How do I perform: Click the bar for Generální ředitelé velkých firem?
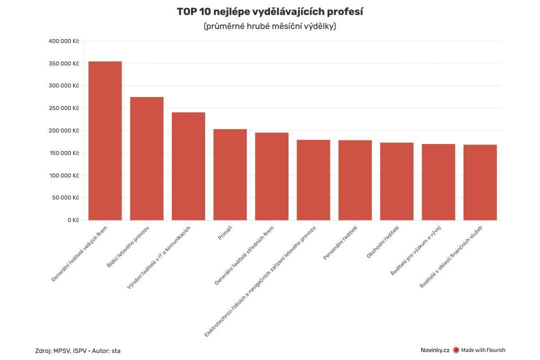coord(105,140)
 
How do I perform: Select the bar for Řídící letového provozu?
coord(146,158)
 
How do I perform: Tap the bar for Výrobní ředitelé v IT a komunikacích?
coord(188,166)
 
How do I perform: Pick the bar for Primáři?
coord(230,174)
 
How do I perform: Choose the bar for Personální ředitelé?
coord(355,180)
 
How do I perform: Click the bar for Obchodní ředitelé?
coord(396,181)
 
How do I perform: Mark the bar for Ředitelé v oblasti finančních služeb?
coord(480,182)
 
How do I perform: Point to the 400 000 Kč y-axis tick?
coord(63,41)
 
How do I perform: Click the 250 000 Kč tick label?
coord(63,108)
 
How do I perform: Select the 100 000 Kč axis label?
coord(63,175)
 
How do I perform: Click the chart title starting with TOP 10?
coord(269,11)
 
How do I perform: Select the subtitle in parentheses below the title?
coord(269,26)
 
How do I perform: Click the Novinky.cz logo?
coord(434,350)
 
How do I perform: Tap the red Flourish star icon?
coord(456,350)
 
